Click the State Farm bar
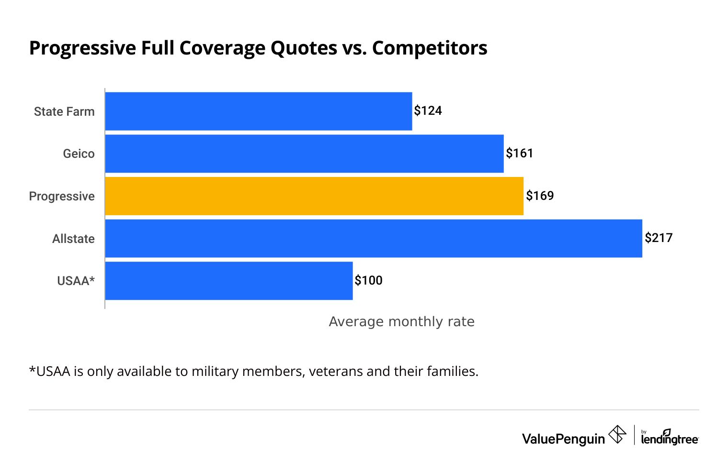pos(259,111)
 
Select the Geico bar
pos(304,154)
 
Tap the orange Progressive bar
pos(314,196)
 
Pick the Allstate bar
pos(374,238)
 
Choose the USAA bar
pos(229,281)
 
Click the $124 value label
pos(428,111)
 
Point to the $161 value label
pos(520,154)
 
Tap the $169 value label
pos(540,196)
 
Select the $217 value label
pos(659,238)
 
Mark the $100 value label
pos(368,281)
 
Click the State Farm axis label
pos(64,112)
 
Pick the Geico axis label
pos(79,154)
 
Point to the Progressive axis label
pos(62,197)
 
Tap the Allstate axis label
pos(73,239)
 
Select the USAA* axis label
pos(76,281)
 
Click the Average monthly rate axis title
pos(401,322)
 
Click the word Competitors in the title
pos(430,48)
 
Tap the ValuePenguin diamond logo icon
pos(617,435)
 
